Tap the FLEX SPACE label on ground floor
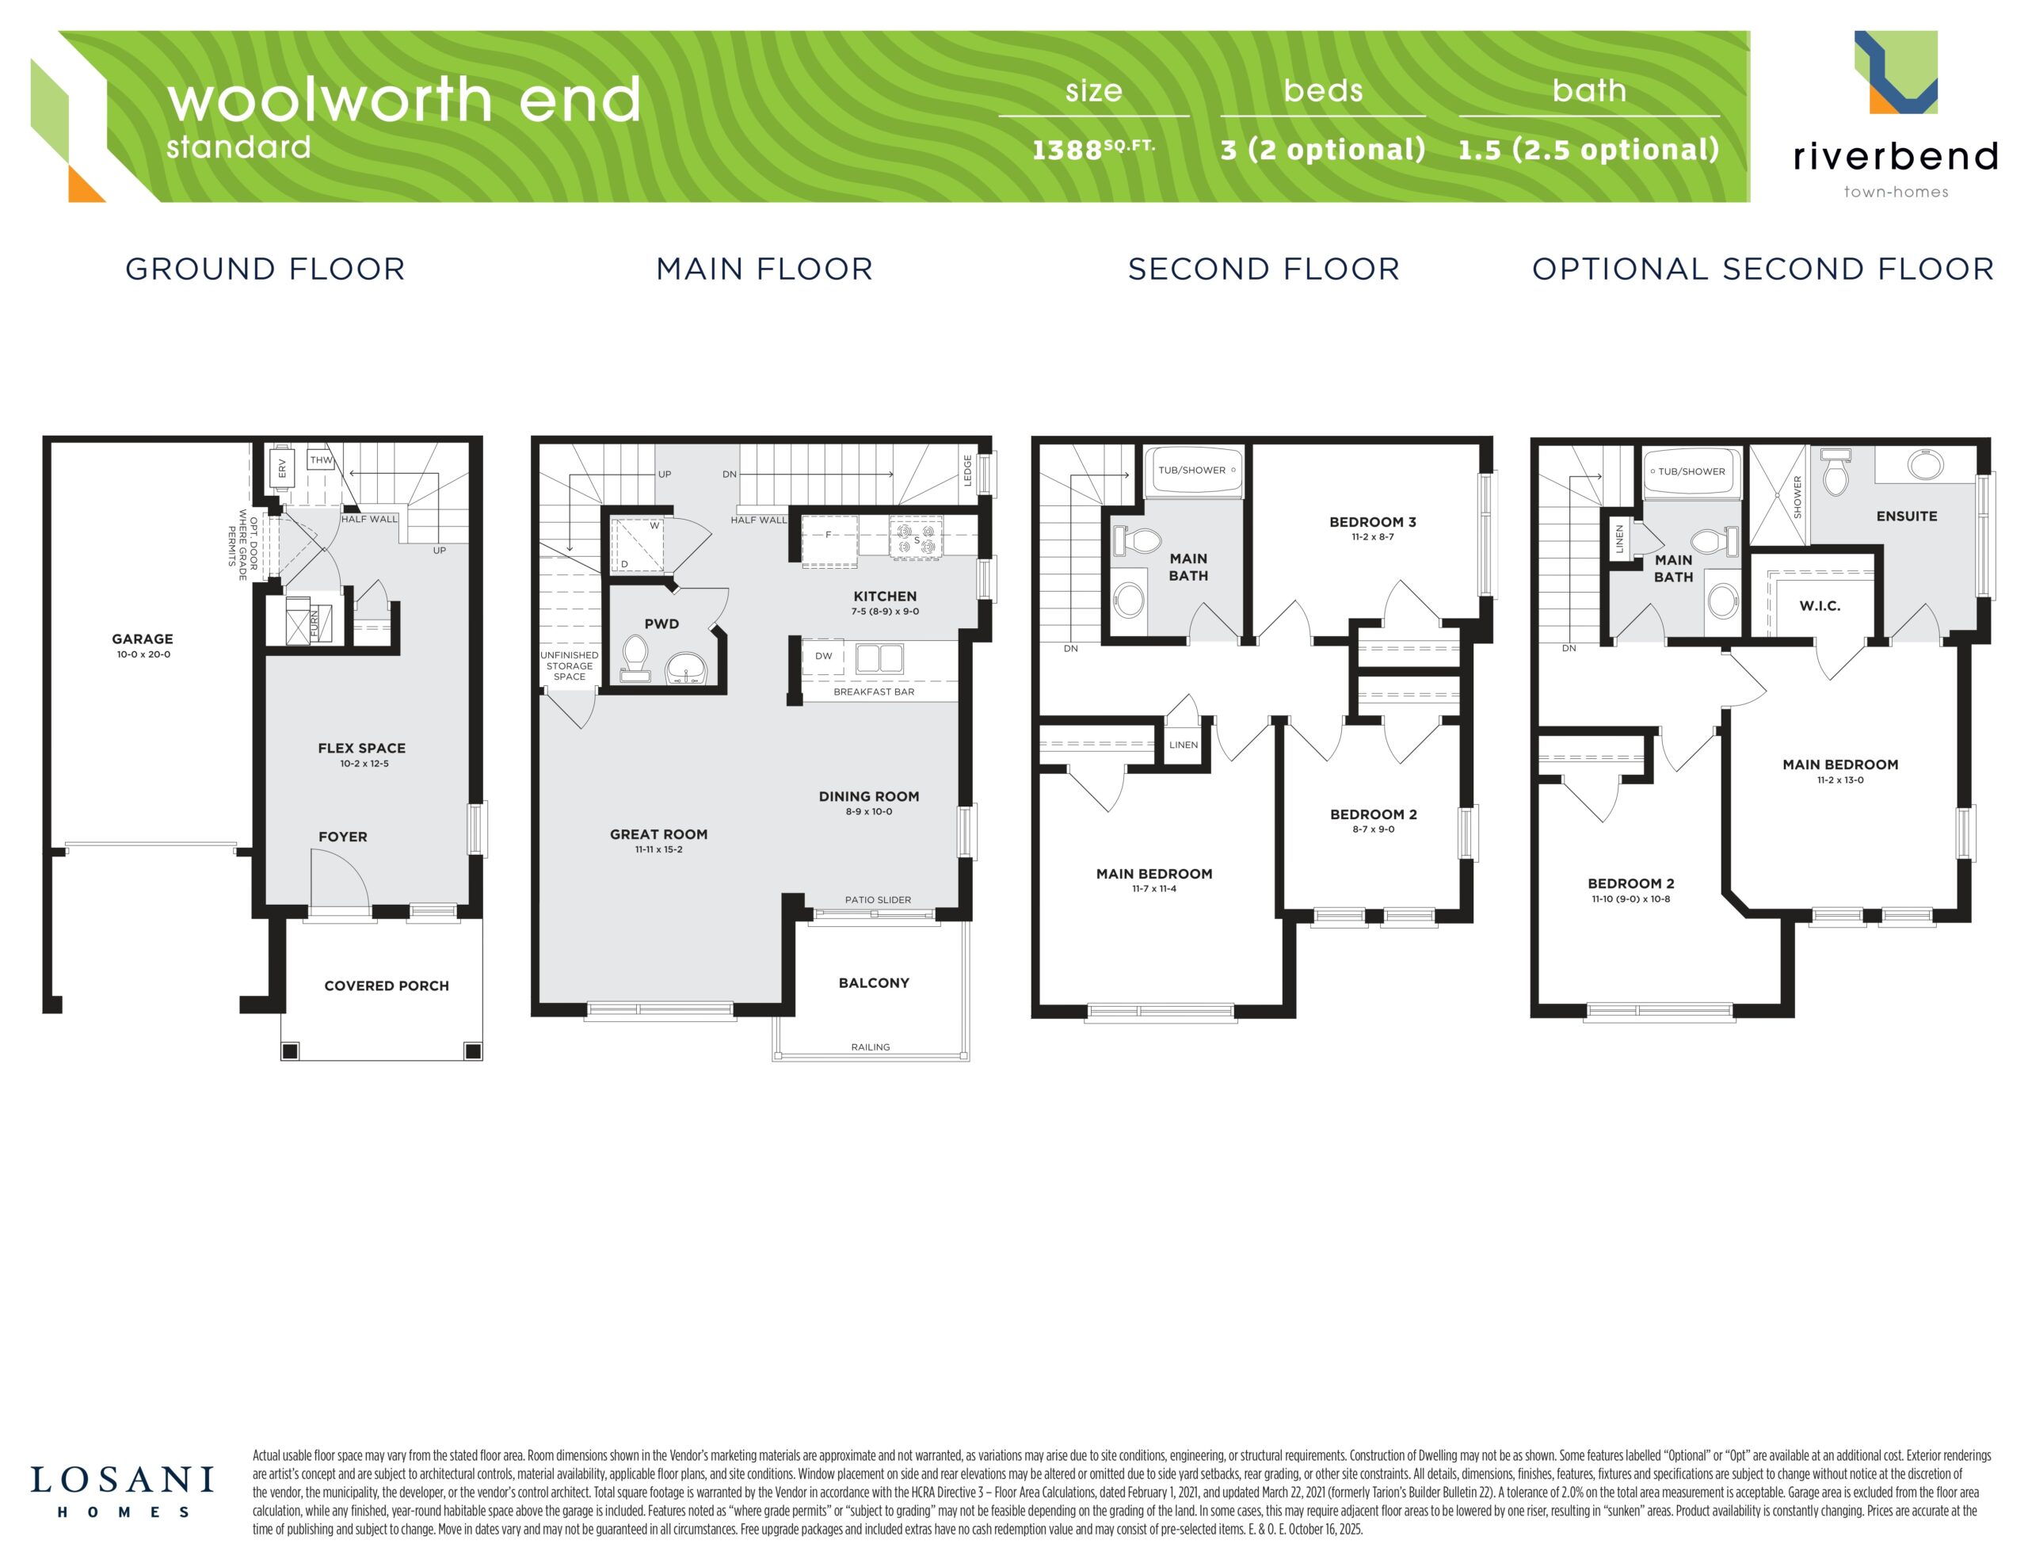click(x=361, y=748)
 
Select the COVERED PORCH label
click(x=387, y=986)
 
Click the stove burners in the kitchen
click(x=917, y=539)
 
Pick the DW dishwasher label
click(x=824, y=656)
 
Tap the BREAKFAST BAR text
click(x=874, y=692)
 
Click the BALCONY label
click(x=874, y=983)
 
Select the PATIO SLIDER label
click(x=878, y=900)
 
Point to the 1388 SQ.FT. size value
click(x=1094, y=149)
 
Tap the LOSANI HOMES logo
click(x=123, y=1493)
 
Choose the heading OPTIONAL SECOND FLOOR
click(x=1763, y=269)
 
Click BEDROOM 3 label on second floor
click(x=1372, y=522)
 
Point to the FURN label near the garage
click(x=314, y=623)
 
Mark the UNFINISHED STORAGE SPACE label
click(x=570, y=666)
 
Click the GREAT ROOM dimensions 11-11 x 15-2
click(x=658, y=850)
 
